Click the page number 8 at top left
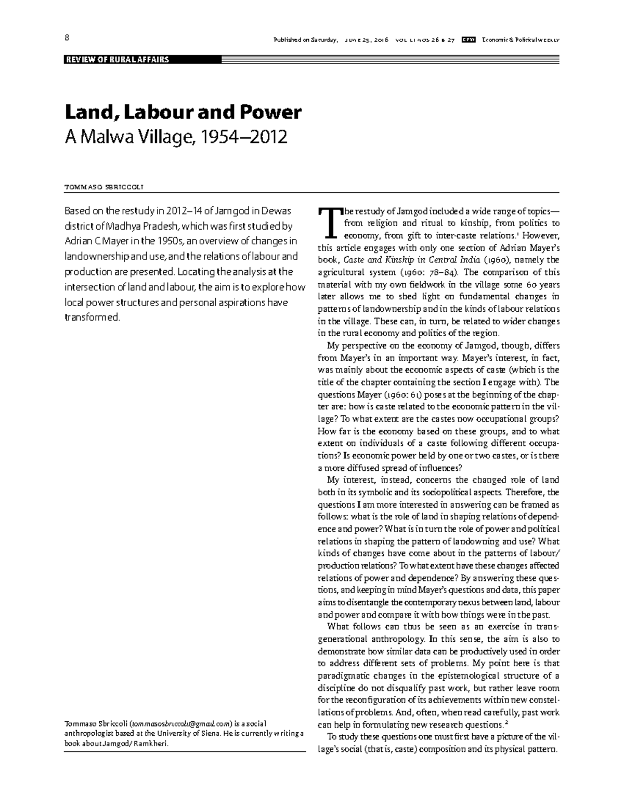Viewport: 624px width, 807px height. click(x=67, y=38)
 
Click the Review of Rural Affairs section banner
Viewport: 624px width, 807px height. click(x=117, y=60)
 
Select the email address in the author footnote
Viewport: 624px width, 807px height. click(x=180, y=724)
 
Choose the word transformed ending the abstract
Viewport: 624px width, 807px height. click(x=92, y=317)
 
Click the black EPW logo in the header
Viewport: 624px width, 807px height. click(x=470, y=39)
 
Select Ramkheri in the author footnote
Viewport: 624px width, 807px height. click(x=153, y=743)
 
